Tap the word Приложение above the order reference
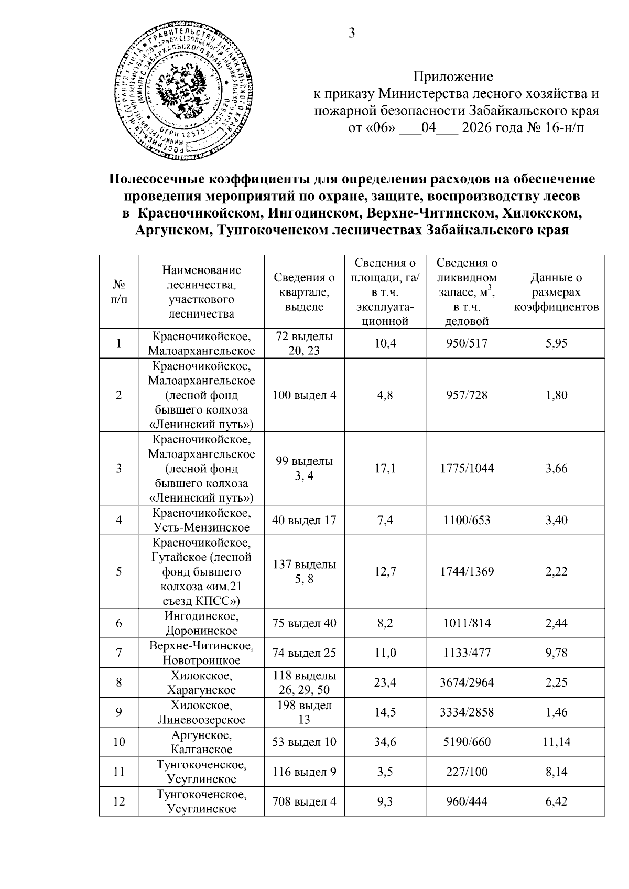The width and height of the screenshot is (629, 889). click(x=453, y=77)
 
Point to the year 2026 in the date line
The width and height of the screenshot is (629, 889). click(x=479, y=127)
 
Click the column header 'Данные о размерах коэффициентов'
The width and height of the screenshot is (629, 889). click(x=556, y=292)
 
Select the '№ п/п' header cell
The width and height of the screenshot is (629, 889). click(x=119, y=292)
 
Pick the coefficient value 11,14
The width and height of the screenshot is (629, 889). click(x=556, y=742)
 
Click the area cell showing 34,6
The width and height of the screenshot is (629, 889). click(x=385, y=742)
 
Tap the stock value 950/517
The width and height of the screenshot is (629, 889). click(x=467, y=343)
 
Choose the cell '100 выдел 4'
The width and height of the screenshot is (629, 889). click(x=304, y=395)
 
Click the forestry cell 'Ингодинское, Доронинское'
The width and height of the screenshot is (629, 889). click(x=201, y=623)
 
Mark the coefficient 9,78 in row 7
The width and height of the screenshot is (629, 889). click(x=556, y=653)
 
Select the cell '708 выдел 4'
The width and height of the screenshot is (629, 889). click(x=304, y=801)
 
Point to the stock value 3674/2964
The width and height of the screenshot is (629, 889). click(x=467, y=682)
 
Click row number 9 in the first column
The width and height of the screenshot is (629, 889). click(x=119, y=712)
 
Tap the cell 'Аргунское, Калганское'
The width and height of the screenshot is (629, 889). click(x=201, y=742)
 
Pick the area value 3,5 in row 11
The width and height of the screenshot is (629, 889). click(x=385, y=772)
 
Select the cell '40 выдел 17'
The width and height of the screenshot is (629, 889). click(x=304, y=520)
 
